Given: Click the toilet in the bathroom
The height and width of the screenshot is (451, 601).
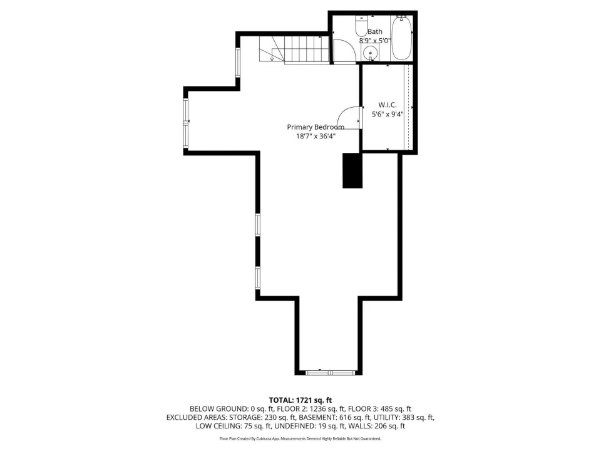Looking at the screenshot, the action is coord(361,26).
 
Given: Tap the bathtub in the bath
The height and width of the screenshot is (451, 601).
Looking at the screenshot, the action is coord(402,38).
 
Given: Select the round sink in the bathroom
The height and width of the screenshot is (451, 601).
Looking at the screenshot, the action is coord(370,52).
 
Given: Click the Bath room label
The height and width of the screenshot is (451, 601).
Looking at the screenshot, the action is coord(375,31).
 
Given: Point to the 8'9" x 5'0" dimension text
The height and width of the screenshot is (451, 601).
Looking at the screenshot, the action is coord(374,40).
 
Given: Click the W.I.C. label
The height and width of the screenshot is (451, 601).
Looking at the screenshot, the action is coord(388,105).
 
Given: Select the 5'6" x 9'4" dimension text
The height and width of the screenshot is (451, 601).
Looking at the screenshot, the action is coord(388,114).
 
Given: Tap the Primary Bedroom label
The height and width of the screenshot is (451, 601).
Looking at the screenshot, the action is coord(316,127).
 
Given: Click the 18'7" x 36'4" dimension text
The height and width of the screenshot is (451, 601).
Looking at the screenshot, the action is coord(316,136).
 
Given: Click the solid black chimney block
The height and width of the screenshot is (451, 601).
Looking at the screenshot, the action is coord(352,170).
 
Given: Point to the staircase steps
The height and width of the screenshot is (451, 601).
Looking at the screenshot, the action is coord(294,49).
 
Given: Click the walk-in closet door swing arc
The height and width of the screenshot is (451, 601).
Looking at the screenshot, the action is coord(346,114).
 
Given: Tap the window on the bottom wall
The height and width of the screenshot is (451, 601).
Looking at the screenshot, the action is coord(331,372).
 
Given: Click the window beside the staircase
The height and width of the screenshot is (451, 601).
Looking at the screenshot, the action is coord(238,63).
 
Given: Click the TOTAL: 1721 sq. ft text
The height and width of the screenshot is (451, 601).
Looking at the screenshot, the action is coord(300,400).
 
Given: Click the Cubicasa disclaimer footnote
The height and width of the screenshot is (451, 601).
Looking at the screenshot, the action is coord(300,438).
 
